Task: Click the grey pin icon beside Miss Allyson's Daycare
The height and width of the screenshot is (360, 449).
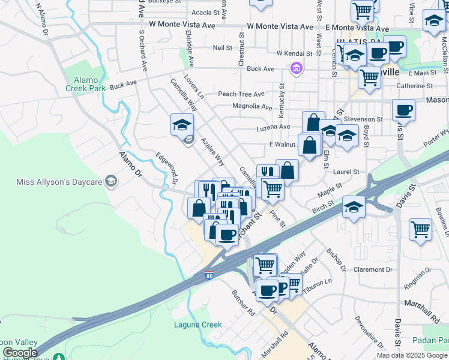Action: (x=110, y=181)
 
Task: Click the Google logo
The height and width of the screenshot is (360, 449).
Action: (x=20, y=353)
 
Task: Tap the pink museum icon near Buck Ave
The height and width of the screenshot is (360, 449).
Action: (x=295, y=70)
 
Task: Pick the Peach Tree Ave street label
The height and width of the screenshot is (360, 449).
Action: (x=241, y=94)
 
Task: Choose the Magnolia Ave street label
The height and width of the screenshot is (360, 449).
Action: (x=252, y=107)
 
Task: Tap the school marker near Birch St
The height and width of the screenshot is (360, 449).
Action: (x=354, y=207)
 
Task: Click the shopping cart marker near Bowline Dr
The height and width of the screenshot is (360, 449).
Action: (x=420, y=229)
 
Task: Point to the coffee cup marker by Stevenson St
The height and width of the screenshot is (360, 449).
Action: (x=403, y=110)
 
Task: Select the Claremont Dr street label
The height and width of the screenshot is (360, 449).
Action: (x=373, y=269)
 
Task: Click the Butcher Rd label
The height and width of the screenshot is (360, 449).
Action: (x=244, y=302)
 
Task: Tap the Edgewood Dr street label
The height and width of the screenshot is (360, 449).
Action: (x=168, y=169)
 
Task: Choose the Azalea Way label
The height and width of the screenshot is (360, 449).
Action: (x=213, y=153)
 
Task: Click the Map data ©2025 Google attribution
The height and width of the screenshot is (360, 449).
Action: (x=412, y=355)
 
